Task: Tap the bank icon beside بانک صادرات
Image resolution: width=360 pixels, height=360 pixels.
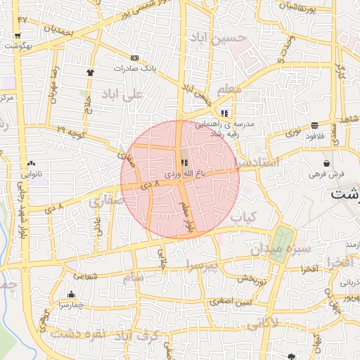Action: pyautogui.click(x=135, y=58)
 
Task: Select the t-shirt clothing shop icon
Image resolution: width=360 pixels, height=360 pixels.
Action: pyautogui.click(x=90, y=72)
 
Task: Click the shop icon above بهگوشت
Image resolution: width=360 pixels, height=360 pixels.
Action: pyautogui.click(x=17, y=35)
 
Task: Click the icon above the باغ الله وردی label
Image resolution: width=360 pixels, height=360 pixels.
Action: pyautogui.click(x=184, y=162)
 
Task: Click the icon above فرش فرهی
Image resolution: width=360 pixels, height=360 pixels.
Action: pyautogui.click(x=326, y=162)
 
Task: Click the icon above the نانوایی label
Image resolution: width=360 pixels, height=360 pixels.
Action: pyautogui.click(x=31, y=163)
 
